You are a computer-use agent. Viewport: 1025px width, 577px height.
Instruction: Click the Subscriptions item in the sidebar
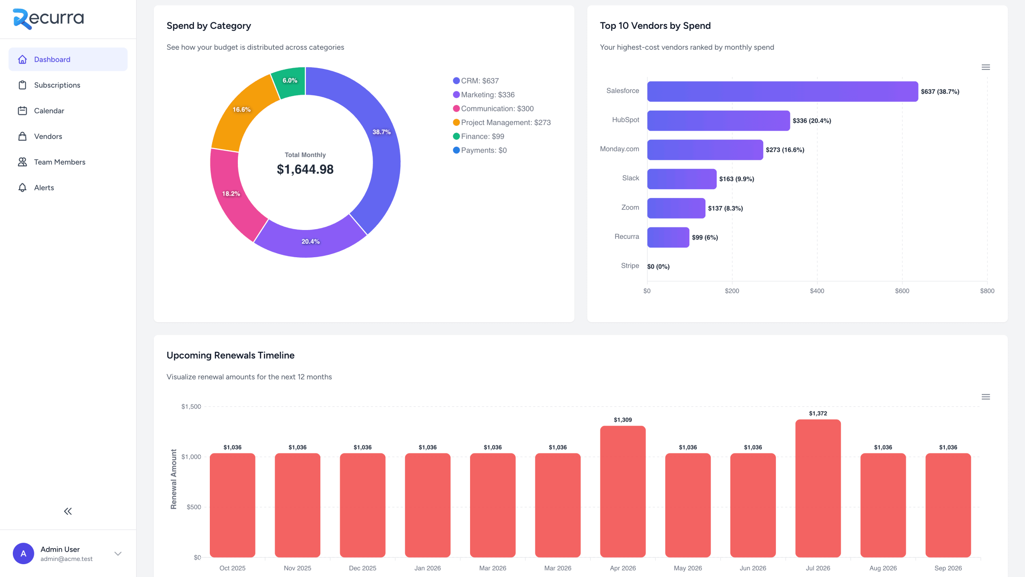tap(57, 85)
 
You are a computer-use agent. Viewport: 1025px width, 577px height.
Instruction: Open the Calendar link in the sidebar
tap(49, 111)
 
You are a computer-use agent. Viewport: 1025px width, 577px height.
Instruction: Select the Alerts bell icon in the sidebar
tap(22, 188)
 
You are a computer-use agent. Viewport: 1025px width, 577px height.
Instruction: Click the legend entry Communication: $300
tap(497, 109)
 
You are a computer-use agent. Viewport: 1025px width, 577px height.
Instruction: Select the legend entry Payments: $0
tap(483, 150)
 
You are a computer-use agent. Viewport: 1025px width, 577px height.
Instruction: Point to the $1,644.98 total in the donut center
tap(305, 169)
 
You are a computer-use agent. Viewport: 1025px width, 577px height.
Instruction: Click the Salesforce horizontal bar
tap(782, 91)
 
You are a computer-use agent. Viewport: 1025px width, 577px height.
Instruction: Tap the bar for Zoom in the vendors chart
tap(676, 208)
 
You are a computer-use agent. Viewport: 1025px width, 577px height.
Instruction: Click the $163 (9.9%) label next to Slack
tap(736, 179)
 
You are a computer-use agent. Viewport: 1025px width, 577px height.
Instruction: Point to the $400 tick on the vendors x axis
tap(817, 291)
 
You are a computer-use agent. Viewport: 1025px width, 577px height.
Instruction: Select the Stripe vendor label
tap(630, 266)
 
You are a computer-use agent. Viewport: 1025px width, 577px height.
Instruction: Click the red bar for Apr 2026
tap(623, 491)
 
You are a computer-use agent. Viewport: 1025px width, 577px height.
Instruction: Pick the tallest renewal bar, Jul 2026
tap(818, 488)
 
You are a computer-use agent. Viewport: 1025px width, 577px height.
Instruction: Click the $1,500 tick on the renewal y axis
tap(191, 407)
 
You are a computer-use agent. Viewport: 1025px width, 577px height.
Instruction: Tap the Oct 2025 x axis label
tap(232, 568)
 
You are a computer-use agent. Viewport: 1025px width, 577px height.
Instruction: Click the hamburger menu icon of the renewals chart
tap(985, 397)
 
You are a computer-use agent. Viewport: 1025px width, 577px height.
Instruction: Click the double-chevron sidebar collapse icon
tap(68, 511)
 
